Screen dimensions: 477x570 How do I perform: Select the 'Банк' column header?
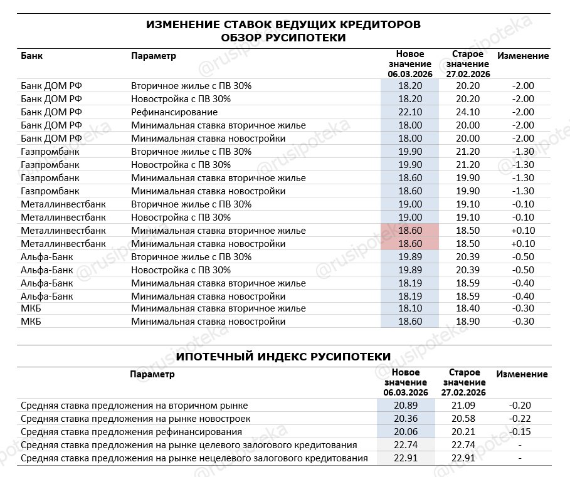32,56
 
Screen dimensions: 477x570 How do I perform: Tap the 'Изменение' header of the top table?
523,56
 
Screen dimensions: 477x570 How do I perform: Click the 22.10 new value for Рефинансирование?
409,112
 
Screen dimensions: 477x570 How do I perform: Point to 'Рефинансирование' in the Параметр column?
174,112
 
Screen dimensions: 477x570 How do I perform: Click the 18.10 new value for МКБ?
409,308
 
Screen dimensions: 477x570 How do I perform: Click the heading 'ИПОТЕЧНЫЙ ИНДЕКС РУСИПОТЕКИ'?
283,357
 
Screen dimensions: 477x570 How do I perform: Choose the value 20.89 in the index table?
405,406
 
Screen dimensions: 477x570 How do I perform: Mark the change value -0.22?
520,419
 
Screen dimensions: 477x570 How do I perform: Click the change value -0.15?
520,432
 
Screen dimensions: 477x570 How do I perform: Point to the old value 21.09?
464,406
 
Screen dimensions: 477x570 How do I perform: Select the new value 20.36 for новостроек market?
405,419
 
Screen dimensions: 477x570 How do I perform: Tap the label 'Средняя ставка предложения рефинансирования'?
131,432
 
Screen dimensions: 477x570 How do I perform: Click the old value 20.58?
464,419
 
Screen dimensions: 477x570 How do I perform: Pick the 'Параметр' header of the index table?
152,374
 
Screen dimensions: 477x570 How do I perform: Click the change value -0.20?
520,406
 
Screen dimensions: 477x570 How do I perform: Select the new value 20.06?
405,432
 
